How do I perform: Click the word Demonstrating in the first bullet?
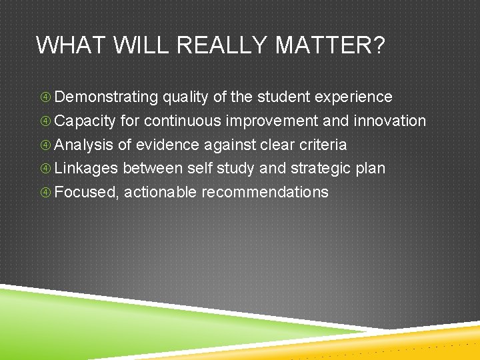(106, 97)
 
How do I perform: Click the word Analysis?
(84, 145)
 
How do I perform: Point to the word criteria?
(323, 145)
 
